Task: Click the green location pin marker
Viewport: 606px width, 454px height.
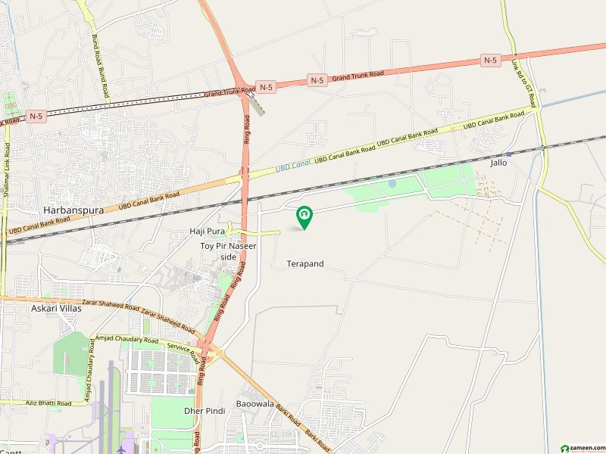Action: pos(305,217)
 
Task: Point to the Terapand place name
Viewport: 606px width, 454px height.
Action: pos(305,264)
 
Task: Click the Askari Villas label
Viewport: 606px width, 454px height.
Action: pos(56,308)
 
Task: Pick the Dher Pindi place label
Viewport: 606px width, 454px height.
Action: pos(205,410)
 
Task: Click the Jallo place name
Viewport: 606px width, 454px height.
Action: pos(498,163)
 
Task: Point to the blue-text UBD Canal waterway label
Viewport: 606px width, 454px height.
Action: pos(293,166)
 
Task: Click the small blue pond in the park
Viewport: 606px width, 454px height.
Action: pos(392,183)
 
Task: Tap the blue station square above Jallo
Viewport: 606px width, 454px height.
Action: pos(509,154)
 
